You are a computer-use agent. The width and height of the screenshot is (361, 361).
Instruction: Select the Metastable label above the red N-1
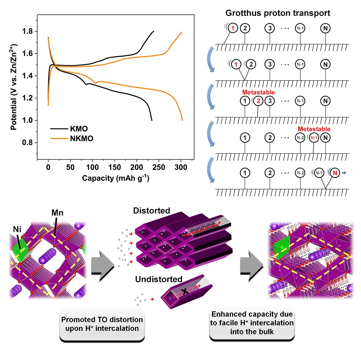tap(314, 129)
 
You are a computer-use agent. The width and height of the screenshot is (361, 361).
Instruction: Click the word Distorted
tap(152, 211)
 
